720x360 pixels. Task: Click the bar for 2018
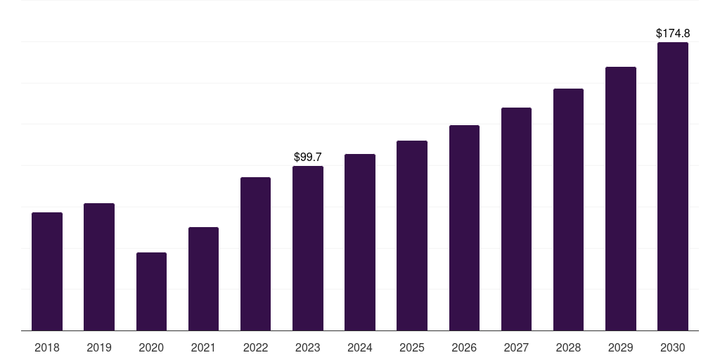[47, 271]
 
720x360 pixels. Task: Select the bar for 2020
[151, 291]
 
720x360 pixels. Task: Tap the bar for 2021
[203, 278]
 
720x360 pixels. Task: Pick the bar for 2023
[308, 248]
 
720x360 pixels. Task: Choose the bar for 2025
[412, 236]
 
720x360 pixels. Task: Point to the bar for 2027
[516, 219]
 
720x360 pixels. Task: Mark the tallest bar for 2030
[673, 186]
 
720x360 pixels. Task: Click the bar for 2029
[621, 198]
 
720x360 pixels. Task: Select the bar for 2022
[255, 254]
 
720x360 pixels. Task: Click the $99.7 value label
[308, 157]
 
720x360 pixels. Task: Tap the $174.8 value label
[673, 33]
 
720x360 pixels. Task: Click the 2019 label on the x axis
[99, 347]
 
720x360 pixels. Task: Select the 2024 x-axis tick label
[360, 347]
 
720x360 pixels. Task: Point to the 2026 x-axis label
[464, 347]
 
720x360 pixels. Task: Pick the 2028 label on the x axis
[568, 347]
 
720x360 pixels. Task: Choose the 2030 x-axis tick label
[673, 347]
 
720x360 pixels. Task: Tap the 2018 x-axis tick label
[47, 347]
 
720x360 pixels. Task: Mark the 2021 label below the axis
[203, 347]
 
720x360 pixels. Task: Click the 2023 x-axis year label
[308, 347]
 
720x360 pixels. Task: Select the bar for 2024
[360, 242]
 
